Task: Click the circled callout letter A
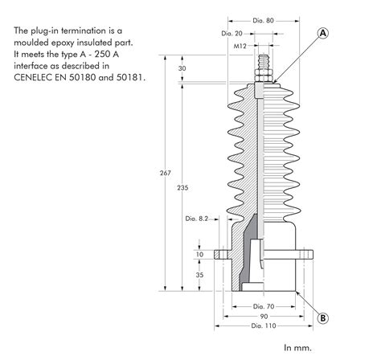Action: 323,33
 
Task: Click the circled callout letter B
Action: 323,318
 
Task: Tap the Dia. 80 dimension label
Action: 263,21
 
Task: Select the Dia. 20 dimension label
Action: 231,34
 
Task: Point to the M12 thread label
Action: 240,46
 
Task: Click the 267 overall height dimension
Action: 166,173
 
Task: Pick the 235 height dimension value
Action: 182,188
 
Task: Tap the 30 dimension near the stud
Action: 182,68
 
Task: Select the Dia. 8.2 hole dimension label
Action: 197,219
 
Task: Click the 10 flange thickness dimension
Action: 199,254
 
